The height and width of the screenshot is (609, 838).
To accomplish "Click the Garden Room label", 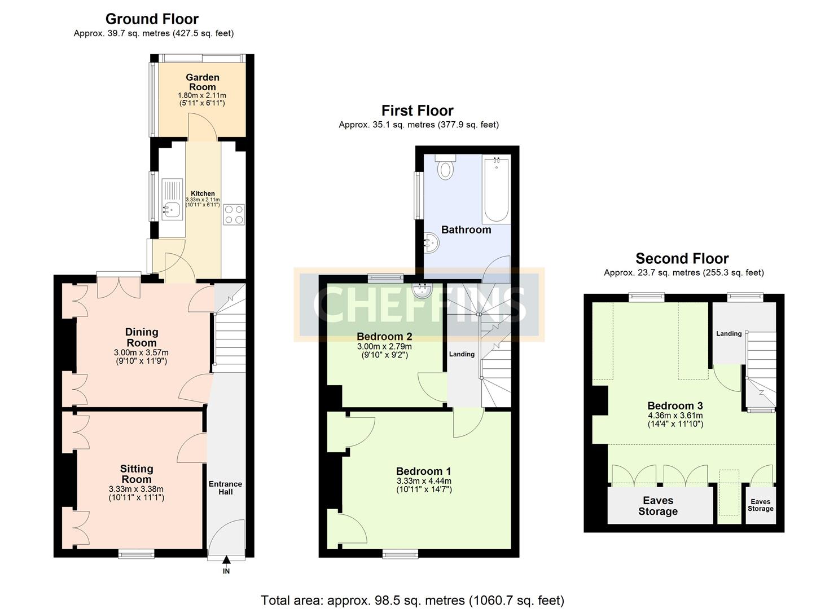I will tap(202, 82).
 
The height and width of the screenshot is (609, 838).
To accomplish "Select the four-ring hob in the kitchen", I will tap(234, 214).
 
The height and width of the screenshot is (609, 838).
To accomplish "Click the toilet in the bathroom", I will tap(446, 167).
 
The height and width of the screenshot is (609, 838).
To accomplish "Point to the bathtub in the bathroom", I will tap(495, 191).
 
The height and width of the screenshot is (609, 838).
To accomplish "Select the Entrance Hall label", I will tap(225, 488).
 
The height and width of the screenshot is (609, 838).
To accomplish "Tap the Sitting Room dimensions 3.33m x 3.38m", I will tap(136, 489).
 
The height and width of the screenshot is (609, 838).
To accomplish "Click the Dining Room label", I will tap(141, 337).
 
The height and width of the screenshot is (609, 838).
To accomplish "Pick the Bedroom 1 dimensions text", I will tap(424, 485).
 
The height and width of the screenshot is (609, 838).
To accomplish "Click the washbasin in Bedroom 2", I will tap(421, 290).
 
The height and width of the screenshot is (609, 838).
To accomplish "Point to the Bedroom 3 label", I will tap(675, 405).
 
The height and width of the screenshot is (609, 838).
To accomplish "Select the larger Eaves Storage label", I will tap(657, 506).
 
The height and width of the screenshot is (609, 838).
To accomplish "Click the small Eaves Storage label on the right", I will tap(760, 505).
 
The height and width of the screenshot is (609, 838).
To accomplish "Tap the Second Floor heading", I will tap(682, 259).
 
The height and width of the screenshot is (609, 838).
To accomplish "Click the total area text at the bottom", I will tap(412, 600).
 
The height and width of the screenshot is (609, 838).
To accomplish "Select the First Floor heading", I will tap(417, 111).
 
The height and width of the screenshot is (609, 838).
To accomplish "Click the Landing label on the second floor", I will tap(729, 334).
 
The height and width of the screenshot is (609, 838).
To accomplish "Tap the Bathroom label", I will tap(466, 230).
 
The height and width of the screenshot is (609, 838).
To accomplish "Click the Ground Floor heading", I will tap(152, 19).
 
